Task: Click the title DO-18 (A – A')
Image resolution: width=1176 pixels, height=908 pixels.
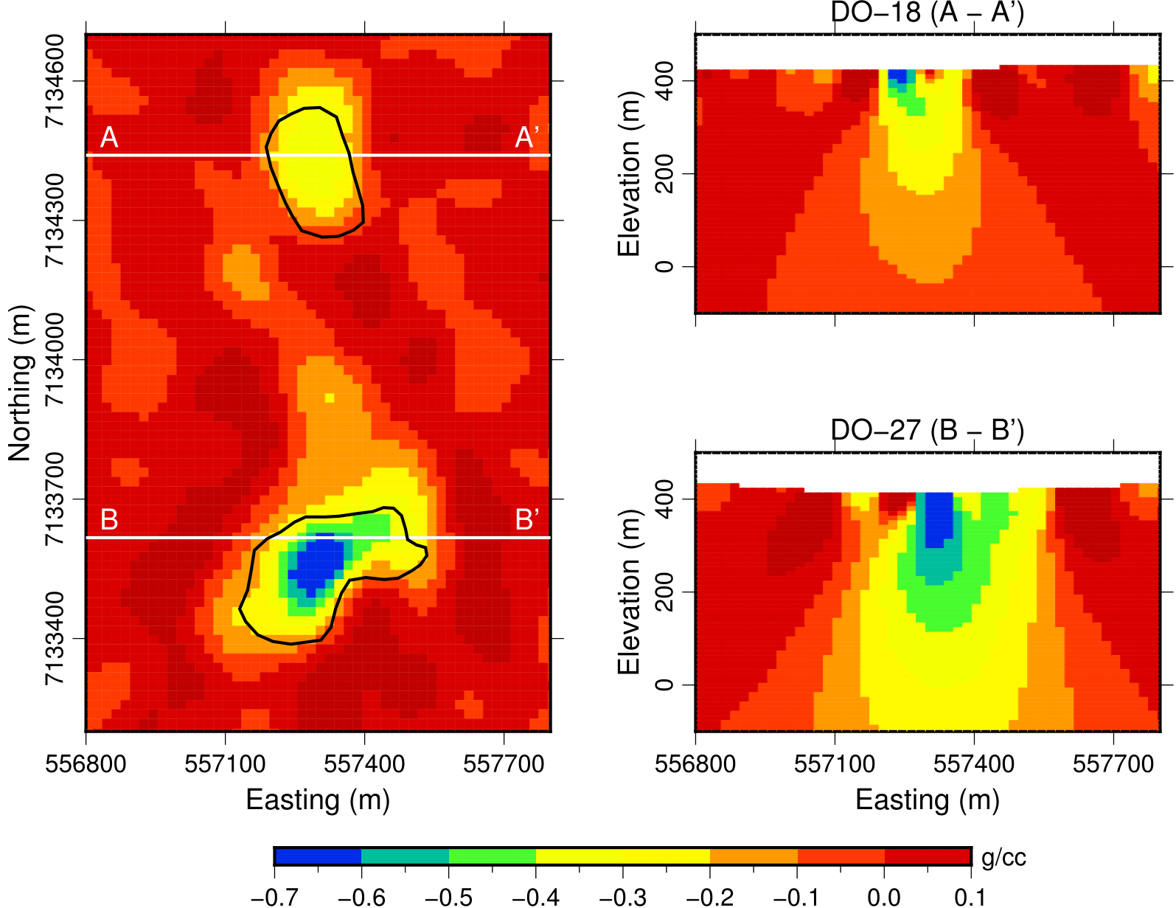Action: (927, 13)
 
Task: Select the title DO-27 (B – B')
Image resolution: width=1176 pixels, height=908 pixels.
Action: (927, 430)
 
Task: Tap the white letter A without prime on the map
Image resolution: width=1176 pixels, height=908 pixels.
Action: (109, 138)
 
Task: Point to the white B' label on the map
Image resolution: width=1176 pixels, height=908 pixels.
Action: (526, 520)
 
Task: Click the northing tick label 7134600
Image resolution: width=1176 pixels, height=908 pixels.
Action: (56, 81)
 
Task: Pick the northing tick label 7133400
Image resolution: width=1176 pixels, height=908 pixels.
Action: (56, 639)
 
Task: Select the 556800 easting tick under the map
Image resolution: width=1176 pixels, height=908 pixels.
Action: (86, 763)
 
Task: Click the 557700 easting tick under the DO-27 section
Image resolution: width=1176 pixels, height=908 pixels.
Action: (1113, 763)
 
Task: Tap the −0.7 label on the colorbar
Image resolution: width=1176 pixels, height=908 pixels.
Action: (274, 896)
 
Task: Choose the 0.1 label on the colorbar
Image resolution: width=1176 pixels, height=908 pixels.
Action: (970, 896)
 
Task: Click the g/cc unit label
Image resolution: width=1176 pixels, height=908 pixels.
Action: (1003, 858)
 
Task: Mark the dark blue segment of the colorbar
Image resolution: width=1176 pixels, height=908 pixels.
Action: (318, 856)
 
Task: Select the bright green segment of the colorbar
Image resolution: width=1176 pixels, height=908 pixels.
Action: (492, 856)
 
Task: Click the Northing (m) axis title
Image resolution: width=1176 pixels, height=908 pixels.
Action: (21, 383)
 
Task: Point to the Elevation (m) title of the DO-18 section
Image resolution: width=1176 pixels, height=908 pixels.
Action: (629, 174)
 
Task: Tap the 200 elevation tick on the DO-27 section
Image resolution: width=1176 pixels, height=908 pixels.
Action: (664, 592)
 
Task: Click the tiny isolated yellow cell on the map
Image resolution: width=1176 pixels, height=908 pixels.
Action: (330, 398)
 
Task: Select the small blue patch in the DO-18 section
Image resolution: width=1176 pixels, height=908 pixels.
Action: (897, 75)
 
